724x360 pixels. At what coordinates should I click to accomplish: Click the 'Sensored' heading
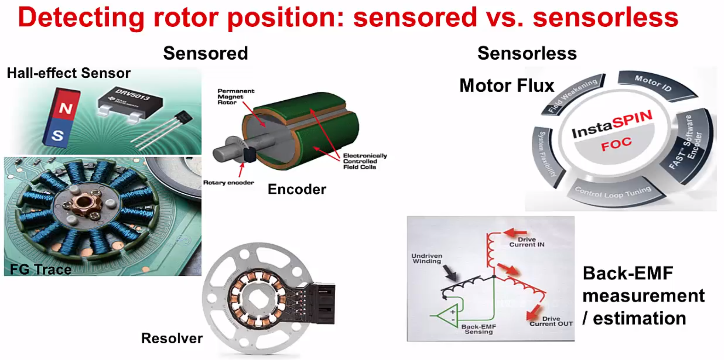tap(205, 53)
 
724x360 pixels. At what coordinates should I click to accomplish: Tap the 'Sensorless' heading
tap(527, 53)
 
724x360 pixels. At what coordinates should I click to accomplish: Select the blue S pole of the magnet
tap(58, 134)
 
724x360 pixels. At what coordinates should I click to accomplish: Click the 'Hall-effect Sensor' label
tap(69, 73)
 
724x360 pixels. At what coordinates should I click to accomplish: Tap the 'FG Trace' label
tap(40, 269)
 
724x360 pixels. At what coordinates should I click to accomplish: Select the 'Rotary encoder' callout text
tap(228, 183)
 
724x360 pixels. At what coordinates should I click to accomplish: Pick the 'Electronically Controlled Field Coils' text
tap(364, 161)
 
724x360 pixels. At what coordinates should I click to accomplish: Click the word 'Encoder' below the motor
tap(297, 189)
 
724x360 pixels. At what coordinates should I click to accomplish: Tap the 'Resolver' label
tap(172, 338)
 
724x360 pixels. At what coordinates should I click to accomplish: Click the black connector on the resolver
tap(323, 303)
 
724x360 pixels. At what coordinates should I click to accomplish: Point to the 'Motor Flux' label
tap(507, 85)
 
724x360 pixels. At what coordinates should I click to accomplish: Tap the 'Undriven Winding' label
tap(427, 258)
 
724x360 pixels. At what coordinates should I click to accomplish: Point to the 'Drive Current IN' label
tap(527, 242)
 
